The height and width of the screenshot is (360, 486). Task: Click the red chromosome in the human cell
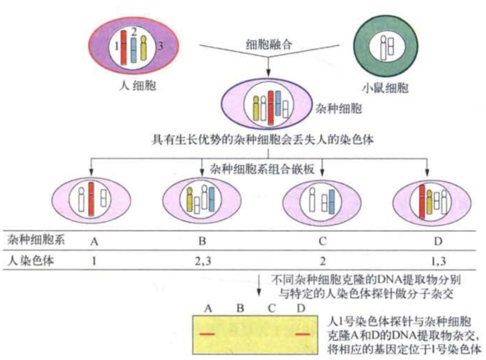click(124, 48)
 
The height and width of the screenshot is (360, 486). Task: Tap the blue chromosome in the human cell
click(133, 50)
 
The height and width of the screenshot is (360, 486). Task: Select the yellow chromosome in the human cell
click(143, 48)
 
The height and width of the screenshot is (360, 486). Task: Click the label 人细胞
click(137, 85)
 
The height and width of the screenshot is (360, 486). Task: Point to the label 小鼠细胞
click(385, 88)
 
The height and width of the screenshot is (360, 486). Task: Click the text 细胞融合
click(269, 44)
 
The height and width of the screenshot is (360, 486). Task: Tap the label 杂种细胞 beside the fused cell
click(339, 109)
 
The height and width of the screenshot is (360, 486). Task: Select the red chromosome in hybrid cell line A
click(90, 199)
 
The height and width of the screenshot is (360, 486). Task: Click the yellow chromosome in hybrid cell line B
click(189, 199)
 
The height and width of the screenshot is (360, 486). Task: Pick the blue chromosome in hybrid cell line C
click(332, 202)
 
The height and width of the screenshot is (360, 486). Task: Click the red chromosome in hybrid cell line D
click(421, 202)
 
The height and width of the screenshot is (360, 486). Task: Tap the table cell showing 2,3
click(204, 261)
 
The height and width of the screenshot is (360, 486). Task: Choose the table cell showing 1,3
click(438, 261)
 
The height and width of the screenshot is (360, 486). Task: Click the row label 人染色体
click(30, 260)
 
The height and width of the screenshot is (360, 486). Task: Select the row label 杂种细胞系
click(36, 239)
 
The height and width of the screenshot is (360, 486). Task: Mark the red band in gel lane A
click(207, 334)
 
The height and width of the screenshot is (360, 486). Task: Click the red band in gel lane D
click(302, 334)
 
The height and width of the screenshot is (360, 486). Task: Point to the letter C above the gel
click(271, 309)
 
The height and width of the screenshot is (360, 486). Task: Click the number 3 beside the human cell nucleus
click(160, 46)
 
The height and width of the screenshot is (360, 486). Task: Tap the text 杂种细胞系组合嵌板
click(262, 169)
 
